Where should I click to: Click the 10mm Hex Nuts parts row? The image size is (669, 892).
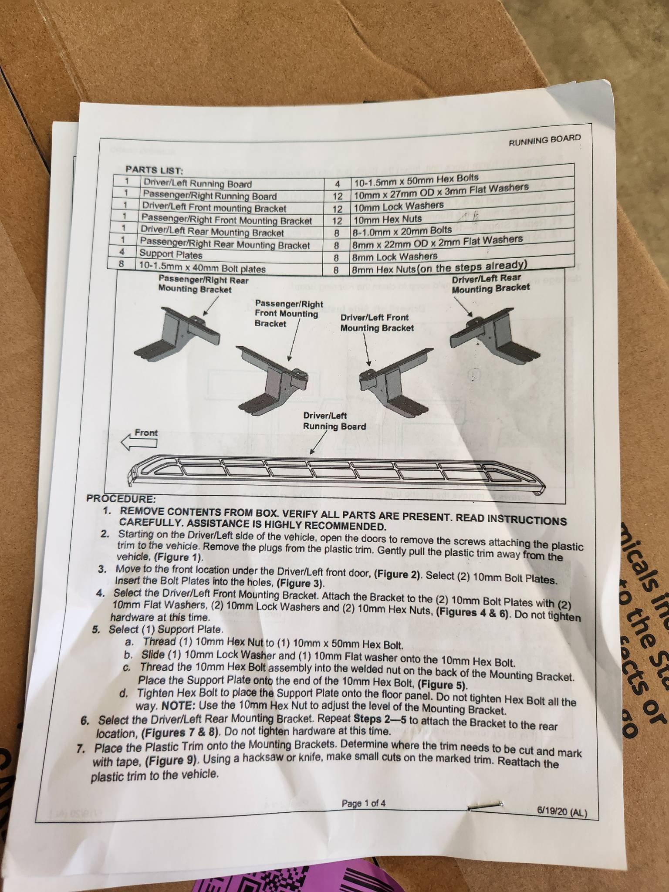pyautogui.click(x=388, y=219)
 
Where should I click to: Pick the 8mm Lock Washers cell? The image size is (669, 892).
pyautogui.click(x=394, y=257)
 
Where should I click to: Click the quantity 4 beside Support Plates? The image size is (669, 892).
pyautogui.click(x=122, y=251)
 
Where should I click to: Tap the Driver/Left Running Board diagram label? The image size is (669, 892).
pyautogui.click(x=334, y=421)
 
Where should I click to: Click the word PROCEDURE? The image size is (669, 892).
pyautogui.click(x=121, y=498)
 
